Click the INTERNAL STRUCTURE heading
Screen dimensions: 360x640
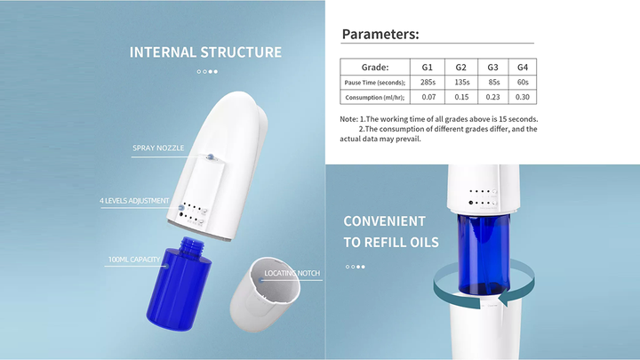pos(205,52)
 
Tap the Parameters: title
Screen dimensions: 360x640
pos(380,35)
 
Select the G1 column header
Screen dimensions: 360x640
pos(427,67)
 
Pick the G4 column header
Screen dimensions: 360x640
pos(523,67)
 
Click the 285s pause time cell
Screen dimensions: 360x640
pos(427,82)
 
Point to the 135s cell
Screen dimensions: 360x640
pos(461,82)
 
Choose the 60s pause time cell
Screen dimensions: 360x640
pos(523,82)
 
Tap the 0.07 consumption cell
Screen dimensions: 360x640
pos(427,97)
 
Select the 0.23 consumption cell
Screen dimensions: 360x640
pos(492,97)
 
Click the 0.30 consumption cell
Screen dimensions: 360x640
pos(523,97)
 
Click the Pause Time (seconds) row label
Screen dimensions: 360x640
pos(374,82)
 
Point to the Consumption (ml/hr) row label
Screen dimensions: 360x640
pos(374,97)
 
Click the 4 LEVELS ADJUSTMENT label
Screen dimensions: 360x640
pos(134,201)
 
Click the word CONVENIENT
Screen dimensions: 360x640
pos(385,221)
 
